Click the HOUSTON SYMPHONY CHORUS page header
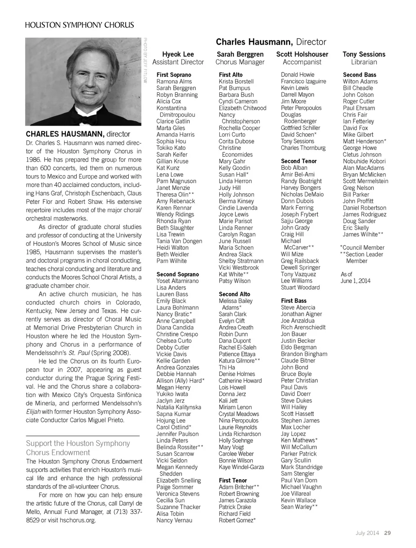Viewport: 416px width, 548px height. (79, 25)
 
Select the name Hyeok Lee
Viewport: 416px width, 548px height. (178, 54)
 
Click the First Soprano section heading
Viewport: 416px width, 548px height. (174, 75)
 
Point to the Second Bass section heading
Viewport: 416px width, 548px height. (359, 75)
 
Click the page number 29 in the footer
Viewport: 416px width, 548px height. (387, 533)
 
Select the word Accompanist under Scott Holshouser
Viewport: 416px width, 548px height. (302, 62)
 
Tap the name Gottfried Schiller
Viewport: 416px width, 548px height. (300, 128)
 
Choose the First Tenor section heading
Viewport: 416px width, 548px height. (233, 480)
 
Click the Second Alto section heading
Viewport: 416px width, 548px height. (234, 294)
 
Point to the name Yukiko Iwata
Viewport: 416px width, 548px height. (172, 394)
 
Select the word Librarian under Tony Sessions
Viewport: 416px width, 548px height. (364, 62)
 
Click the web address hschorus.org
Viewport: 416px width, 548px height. (78, 520)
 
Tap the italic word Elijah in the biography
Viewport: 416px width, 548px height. (33, 412)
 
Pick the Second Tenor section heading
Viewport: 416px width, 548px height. (299, 161)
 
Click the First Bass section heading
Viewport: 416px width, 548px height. (293, 301)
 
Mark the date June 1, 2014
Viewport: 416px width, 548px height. (355, 281)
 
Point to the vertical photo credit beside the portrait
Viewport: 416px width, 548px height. (146, 60)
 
